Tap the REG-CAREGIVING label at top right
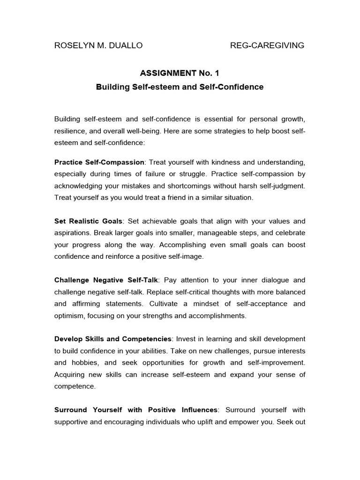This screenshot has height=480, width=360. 267,45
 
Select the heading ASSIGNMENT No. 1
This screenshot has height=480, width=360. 180,73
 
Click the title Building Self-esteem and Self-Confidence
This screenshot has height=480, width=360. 180,87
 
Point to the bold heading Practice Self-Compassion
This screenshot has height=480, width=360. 99,162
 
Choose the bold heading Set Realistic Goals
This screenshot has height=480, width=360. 88,221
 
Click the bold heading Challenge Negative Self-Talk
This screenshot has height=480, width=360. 107,280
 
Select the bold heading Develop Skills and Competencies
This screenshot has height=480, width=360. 113,338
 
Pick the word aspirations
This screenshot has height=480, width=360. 72,232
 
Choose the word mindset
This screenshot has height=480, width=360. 197,304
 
